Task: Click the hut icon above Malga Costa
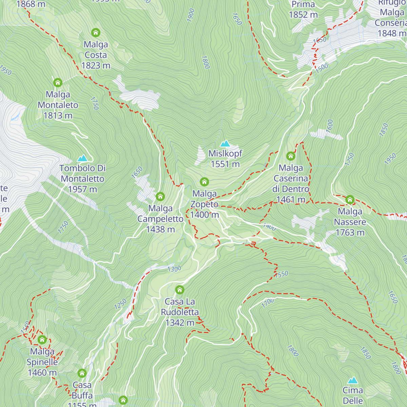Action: coord(96,33)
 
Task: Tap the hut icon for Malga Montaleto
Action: coord(58,82)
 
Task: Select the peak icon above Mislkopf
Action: coord(225,143)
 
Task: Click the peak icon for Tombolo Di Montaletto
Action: coord(82,158)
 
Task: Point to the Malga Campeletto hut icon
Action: coord(160,196)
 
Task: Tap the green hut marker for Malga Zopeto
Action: coord(204,182)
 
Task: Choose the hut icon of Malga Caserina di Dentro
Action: coord(291,156)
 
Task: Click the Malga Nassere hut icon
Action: coord(350,199)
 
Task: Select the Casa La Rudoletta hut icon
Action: coord(180,290)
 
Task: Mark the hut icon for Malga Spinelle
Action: coord(42,340)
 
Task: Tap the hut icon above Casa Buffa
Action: coord(82,373)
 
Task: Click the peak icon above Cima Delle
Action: coord(353,380)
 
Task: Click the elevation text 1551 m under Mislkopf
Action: coord(225,164)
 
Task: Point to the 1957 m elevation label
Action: coord(82,189)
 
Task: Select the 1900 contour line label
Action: coord(191,15)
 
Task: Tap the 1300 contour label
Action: coord(174,269)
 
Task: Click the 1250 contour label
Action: coord(120,304)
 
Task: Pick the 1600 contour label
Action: coord(329,126)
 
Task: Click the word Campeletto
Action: coord(160,219)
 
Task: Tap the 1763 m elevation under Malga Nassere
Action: coord(350,233)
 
